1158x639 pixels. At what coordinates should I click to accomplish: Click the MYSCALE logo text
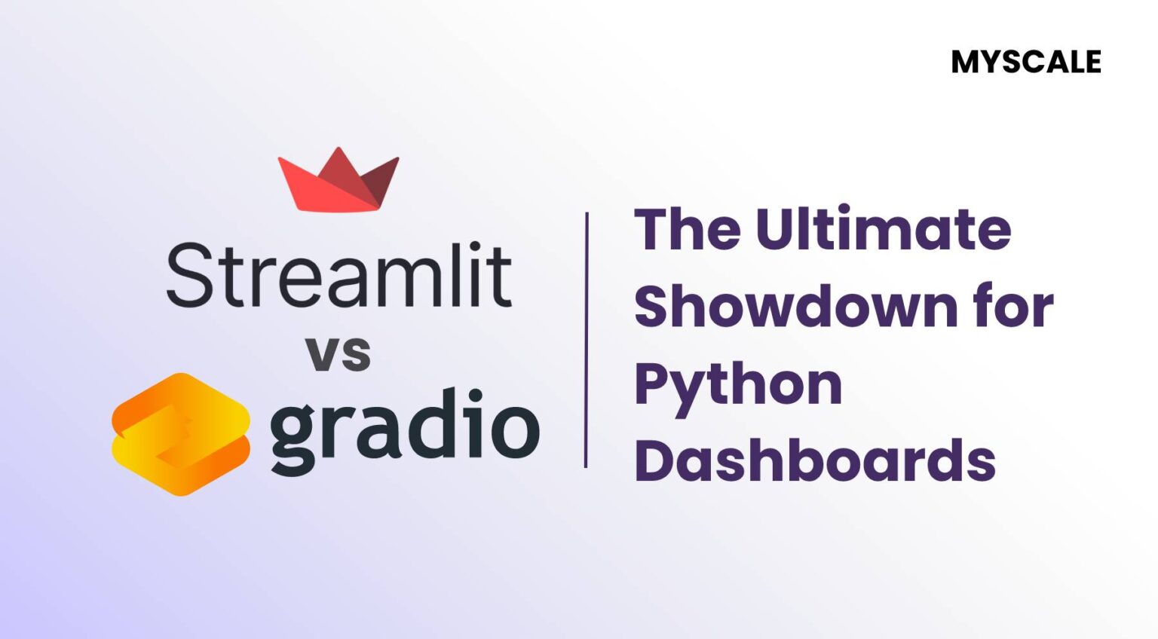(x=1026, y=62)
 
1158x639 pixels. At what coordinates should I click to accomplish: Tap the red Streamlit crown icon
(x=339, y=181)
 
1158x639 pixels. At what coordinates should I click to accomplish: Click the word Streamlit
(x=339, y=276)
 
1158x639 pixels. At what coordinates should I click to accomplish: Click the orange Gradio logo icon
(x=181, y=434)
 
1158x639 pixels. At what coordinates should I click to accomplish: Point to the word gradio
(x=404, y=428)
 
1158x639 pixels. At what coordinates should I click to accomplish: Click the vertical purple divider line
(x=586, y=339)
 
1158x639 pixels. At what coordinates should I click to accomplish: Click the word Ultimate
(x=883, y=229)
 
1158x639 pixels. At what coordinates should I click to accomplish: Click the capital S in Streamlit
(x=187, y=276)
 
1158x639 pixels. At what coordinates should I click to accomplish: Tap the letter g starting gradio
(x=291, y=433)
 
